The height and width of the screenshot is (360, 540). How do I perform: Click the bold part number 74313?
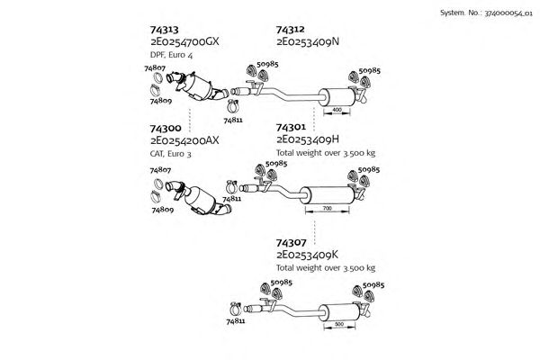(165, 30)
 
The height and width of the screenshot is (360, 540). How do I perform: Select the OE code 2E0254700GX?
(184, 41)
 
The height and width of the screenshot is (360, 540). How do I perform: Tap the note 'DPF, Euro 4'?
(172, 55)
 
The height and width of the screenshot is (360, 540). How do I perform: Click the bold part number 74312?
(291, 30)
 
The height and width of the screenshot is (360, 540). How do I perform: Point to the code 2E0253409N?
(308, 41)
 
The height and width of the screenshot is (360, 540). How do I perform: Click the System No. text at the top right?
(486, 13)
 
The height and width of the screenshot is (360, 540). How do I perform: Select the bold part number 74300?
(166, 128)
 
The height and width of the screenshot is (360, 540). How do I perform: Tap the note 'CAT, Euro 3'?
(170, 154)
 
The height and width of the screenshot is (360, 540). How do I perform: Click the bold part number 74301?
(291, 128)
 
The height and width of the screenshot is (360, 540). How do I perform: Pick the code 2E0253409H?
(308, 139)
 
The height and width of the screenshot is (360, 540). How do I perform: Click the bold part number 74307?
(291, 243)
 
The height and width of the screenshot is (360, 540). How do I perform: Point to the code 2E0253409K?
(308, 255)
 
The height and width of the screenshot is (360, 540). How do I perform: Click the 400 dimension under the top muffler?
(337, 110)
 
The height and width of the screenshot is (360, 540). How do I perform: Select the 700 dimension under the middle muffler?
(328, 209)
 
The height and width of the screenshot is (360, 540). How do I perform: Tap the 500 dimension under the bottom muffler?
(339, 324)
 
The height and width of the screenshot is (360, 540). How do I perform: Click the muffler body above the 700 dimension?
(328, 195)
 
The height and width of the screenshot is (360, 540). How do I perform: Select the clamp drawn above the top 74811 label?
(233, 106)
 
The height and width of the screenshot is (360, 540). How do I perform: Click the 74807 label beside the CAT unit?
(160, 170)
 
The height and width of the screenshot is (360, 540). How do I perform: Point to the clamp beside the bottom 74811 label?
(236, 309)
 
